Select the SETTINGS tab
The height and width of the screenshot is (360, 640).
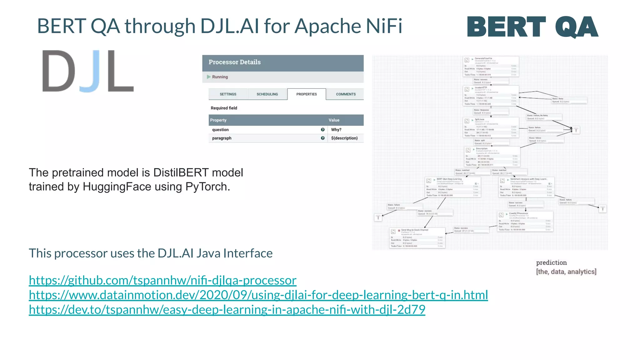pyautogui.click(x=228, y=94)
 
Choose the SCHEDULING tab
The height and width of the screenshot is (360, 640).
pyautogui.click(x=267, y=94)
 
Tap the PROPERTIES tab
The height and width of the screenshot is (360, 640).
pyautogui.click(x=307, y=94)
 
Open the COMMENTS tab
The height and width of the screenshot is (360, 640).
pyautogui.click(x=346, y=94)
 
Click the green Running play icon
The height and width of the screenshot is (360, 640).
pyautogui.click(x=209, y=77)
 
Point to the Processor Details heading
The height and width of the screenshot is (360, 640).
pyautogui.click(x=234, y=62)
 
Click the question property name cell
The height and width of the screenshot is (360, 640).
pyautogui.click(x=220, y=130)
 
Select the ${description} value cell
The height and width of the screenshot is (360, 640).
pyautogui.click(x=344, y=138)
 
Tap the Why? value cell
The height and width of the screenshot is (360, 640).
pyautogui.click(x=336, y=130)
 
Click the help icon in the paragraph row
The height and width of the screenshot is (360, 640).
pyautogui.click(x=322, y=138)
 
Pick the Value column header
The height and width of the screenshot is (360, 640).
pyautogui.click(x=334, y=120)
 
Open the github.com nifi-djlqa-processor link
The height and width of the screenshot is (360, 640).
pyautogui.click(x=162, y=280)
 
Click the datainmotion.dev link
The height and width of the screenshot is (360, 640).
pyautogui.click(x=258, y=295)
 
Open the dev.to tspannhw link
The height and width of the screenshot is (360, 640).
pyautogui.click(x=227, y=310)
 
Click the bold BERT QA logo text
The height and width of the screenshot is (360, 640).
pyautogui.click(x=532, y=27)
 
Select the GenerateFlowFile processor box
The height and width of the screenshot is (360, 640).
pyautogui.click(x=491, y=67)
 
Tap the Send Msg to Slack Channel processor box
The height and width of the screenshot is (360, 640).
pyautogui.click(x=417, y=238)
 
